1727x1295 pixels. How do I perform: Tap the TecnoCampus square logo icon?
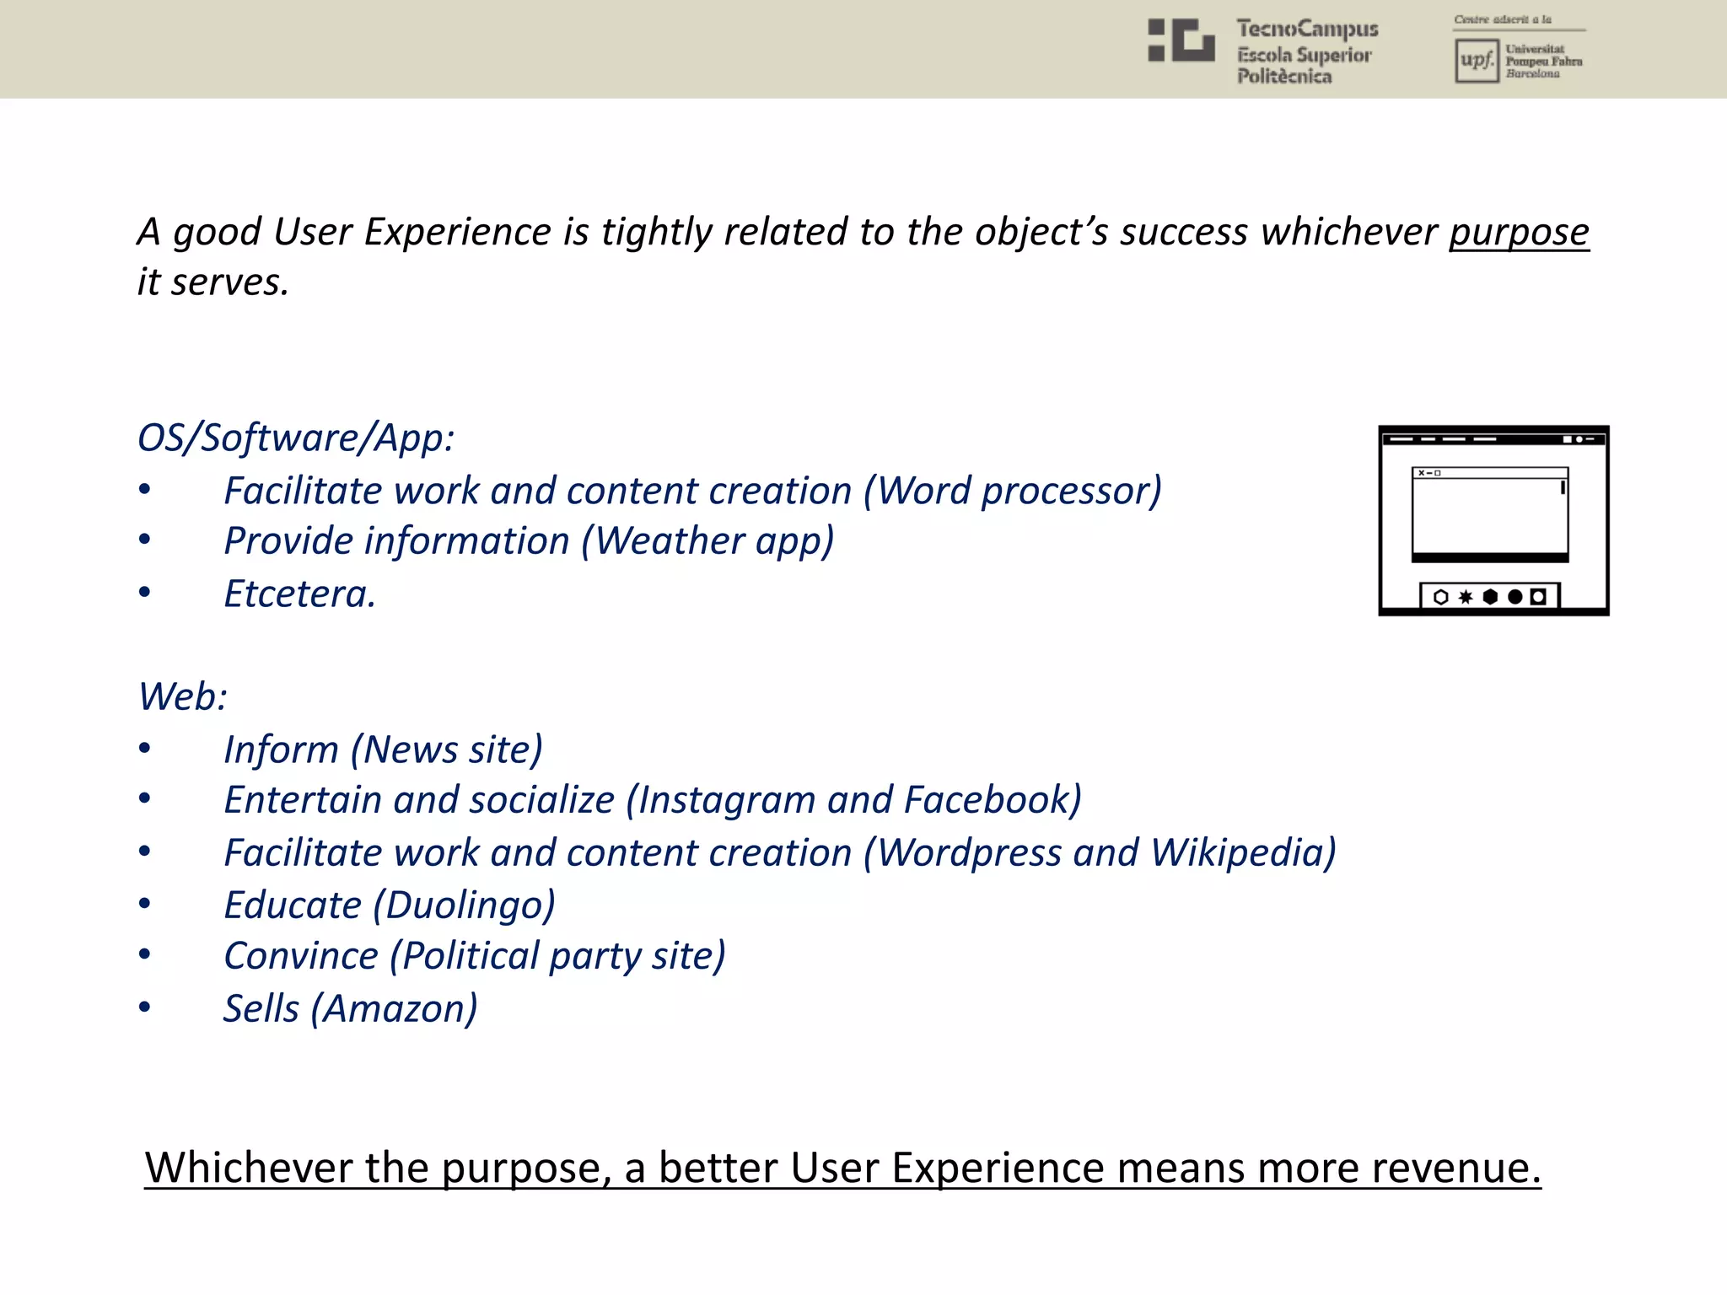coord(1181,40)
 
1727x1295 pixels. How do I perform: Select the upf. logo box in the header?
coord(1476,61)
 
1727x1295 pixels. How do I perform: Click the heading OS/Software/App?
coord(296,438)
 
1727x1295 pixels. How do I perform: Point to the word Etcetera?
coord(299,594)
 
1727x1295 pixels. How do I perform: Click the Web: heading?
coord(182,697)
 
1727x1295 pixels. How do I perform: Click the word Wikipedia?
coord(1240,853)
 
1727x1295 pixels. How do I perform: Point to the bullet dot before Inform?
coord(145,749)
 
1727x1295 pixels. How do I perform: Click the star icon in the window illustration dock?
coord(1466,597)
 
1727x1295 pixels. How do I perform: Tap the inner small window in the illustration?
coord(1490,514)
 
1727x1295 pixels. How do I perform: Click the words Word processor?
coord(1013,492)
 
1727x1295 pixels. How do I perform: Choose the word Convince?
coord(301,957)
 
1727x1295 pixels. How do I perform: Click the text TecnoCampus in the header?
coord(1307,30)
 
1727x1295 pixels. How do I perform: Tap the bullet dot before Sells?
coord(145,1008)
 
